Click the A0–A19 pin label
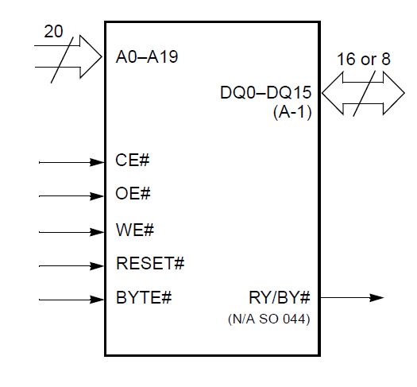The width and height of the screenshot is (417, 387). (147, 56)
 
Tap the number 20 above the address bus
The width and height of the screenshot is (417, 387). (53, 31)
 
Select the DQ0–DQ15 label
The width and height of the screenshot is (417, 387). (265, 93)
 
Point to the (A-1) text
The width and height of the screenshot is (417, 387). (292, 112)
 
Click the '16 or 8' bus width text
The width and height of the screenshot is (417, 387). (364, 59)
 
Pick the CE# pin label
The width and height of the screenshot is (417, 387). (133, 160)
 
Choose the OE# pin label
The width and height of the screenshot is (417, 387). (133, 193)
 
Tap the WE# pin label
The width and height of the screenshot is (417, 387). (135, 230)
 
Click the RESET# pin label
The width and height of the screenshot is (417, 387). (150, 263)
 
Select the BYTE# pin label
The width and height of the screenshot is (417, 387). (144, 297)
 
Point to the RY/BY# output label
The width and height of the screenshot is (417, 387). (280, 297)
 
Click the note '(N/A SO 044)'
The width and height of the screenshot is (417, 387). (269, 319)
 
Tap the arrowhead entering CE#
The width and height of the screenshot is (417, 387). (97, 162)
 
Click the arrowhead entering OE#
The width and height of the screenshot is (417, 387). (97, 196)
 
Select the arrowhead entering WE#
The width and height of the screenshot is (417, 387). (97, 232)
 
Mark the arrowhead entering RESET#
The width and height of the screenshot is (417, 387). (97, 266)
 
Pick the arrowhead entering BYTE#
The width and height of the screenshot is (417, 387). (97, 300)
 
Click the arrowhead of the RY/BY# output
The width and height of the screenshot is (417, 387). (376, 298)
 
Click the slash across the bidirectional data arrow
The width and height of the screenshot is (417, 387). (365, 93)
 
